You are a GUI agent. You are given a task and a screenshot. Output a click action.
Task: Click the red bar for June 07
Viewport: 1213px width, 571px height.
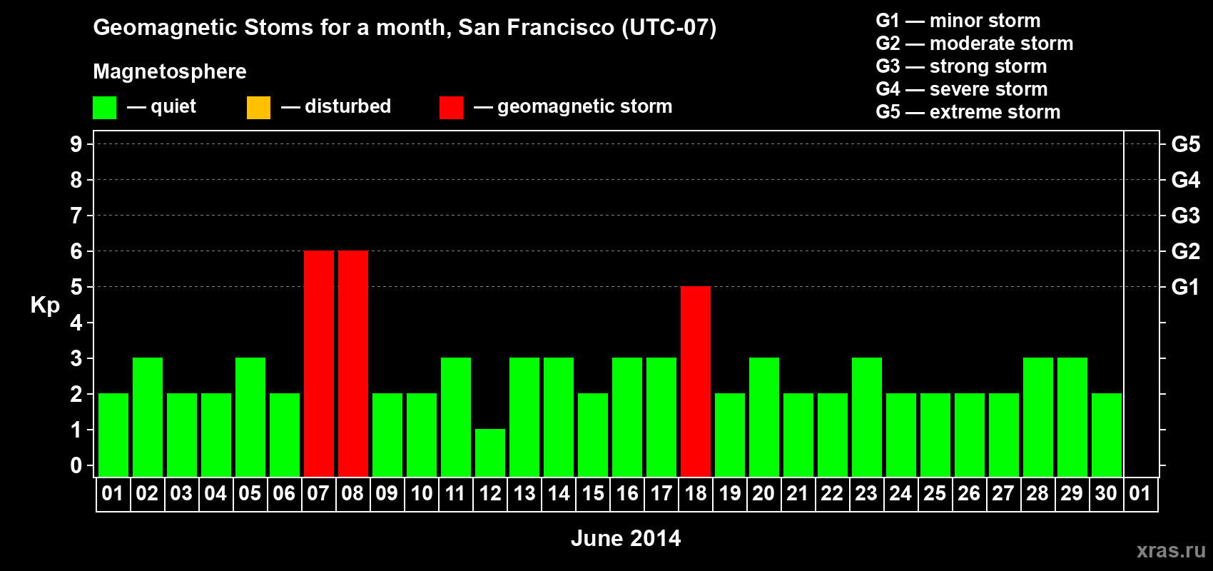[x=319, y=363]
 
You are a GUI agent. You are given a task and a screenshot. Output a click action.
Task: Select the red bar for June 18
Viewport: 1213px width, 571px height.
[x=696, y=381]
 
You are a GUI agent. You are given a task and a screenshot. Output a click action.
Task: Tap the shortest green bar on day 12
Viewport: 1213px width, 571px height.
[x=490, y=453]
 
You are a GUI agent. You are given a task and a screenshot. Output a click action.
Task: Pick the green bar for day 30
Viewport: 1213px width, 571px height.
[x=1106, y=435]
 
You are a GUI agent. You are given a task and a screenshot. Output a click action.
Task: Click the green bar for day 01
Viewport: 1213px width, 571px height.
[x=113, y=435]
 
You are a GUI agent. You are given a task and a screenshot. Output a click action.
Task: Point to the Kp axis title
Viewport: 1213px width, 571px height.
[x=45, y=305]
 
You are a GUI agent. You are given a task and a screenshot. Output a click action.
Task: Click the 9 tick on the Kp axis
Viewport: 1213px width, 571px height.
[x=76, y=145]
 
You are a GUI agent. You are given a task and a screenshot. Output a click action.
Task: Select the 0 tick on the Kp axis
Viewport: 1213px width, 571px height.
[x=76, y=466]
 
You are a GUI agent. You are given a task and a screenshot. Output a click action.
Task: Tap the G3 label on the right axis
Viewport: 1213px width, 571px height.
[x=1186, y=216]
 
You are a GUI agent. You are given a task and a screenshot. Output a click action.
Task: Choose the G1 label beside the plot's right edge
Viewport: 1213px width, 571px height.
[x=1186, y=287]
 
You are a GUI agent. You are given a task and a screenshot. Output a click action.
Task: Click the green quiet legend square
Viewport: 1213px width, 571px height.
[x=104, y=108]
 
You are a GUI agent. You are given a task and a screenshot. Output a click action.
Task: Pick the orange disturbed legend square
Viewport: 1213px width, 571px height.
[x=258, y=108]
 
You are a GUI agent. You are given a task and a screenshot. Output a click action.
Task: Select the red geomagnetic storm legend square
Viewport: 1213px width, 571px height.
[x=452, y=108]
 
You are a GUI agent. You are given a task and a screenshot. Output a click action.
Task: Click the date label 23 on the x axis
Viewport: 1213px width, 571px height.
[x=866, y=493]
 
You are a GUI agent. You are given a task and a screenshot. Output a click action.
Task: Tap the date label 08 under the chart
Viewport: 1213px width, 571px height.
[x=352, y=493]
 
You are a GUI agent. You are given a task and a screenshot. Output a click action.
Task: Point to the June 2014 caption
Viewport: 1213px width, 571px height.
[x=626, y=538]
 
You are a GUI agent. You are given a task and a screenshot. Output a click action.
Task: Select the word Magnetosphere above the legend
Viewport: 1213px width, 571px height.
[x=170, y=71]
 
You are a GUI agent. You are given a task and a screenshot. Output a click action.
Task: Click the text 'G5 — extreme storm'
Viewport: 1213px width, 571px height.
[x=968, y=112]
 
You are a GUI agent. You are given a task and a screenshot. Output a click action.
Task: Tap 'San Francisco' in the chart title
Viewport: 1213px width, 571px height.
[x=537, y=28]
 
